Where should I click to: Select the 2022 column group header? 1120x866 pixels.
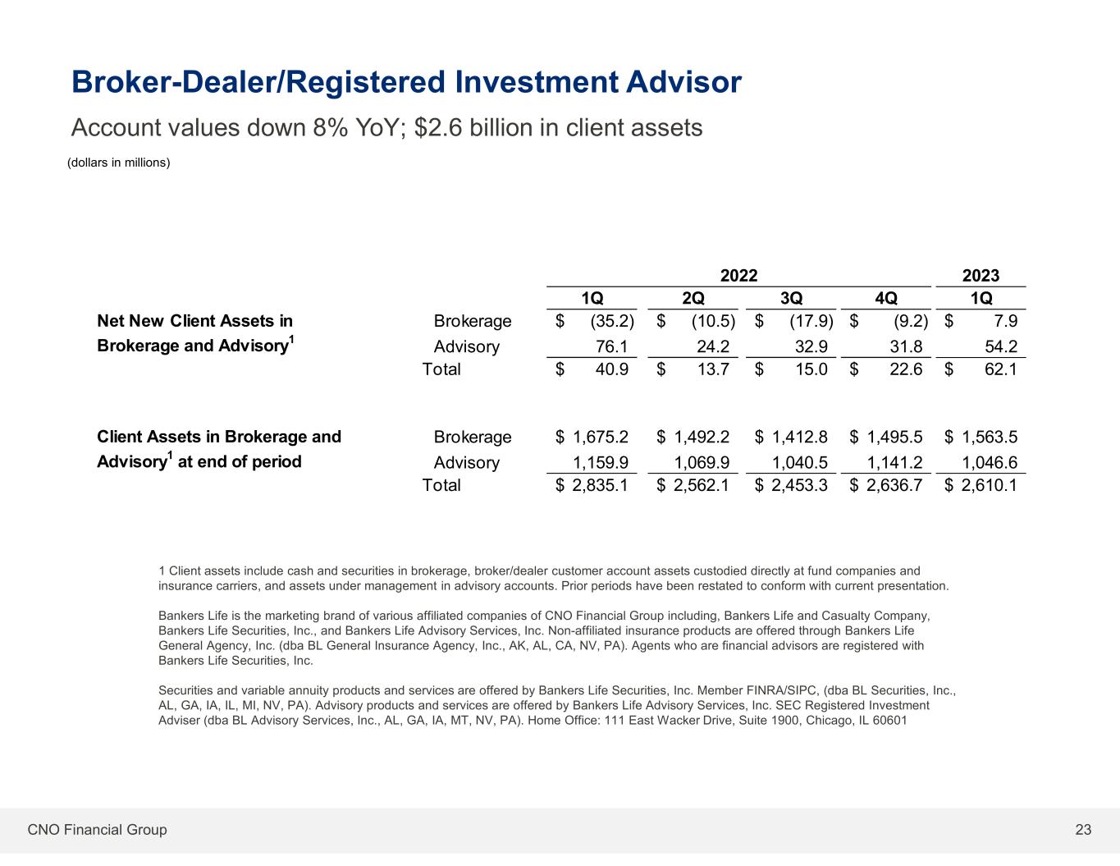(738, 276)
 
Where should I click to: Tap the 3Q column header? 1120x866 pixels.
(791, 297)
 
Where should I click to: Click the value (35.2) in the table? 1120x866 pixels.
(612, 321)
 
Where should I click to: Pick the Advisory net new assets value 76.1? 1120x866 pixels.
(612, 346)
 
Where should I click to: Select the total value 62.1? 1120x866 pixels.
(1000, 369)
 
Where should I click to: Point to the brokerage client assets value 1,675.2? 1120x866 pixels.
(601, 437)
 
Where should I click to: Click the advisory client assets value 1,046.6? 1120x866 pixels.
(990, 462)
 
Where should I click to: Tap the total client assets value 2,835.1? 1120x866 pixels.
(601, 485)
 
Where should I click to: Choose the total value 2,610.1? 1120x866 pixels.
(990, 485)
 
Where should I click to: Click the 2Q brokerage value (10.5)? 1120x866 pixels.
(713, 321)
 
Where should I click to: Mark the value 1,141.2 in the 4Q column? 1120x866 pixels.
(895, 462)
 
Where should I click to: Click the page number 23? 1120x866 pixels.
(1083, 830)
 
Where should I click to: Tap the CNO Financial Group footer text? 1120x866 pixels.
(97, 830)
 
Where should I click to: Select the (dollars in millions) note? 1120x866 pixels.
(118, 163)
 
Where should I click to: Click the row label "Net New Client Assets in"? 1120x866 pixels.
(194, 321)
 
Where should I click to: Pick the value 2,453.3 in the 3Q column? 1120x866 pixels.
(799, 485)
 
